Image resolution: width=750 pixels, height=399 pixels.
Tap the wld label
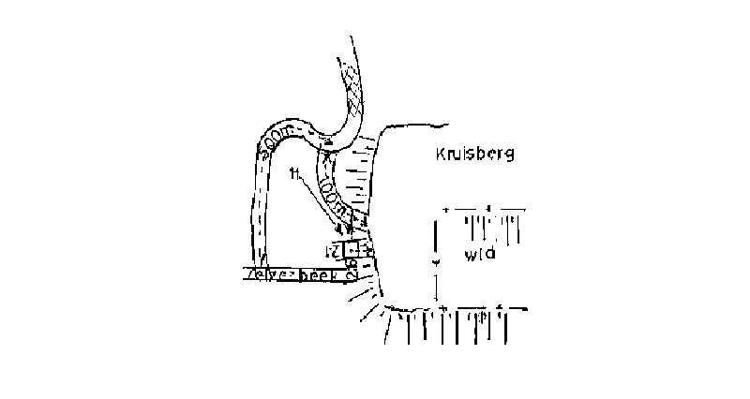(479, 255)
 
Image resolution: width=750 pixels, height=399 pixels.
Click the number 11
(294, 173)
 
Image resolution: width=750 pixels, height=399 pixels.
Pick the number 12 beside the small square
(331, 250)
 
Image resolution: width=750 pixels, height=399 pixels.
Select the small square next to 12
(351, 250)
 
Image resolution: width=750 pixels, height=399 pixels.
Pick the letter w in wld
(470, 256)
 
